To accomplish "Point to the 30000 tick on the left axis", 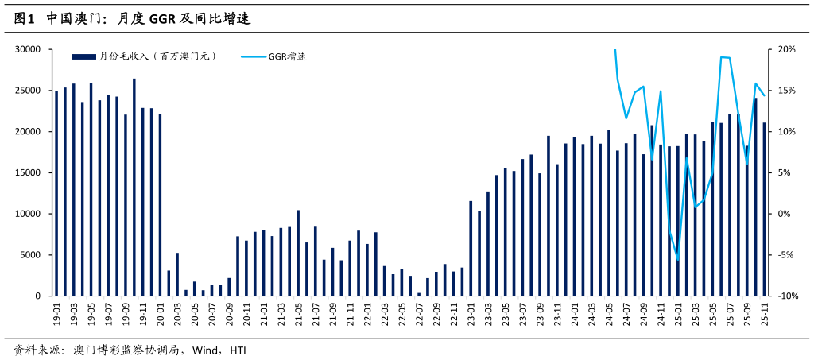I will point(28,49).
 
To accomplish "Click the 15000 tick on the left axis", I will point(28,172).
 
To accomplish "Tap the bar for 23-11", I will point(557,230).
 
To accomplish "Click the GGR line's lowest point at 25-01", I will point(678,260).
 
